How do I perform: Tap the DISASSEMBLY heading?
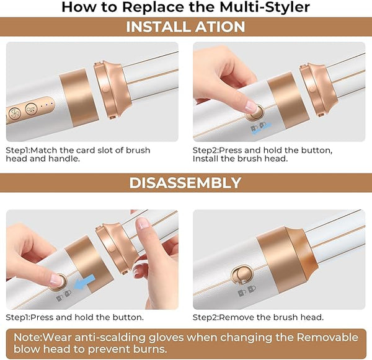point(185,183)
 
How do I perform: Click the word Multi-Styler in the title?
point(265,7)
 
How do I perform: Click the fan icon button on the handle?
point(15,113)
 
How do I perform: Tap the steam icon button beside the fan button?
point(32,109)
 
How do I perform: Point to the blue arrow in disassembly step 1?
point(84,282)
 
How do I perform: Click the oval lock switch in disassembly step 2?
point(242,275)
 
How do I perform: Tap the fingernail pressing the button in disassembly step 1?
point(57,279)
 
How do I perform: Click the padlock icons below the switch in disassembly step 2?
point(247,291)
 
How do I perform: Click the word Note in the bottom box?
point(27,337)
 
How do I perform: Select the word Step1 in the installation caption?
point(18,151)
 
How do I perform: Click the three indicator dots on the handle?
point(47,104)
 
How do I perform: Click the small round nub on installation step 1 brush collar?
point(105,90)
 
